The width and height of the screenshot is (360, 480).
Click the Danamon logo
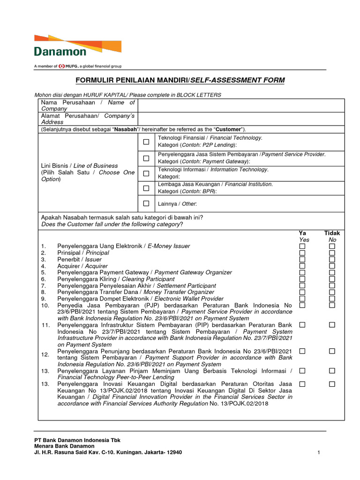click(77, 46)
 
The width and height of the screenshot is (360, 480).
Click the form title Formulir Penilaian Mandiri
click(180, 81)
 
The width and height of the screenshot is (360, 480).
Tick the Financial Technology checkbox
click(146, 142)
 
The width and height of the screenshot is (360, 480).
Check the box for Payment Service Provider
click(146, 158)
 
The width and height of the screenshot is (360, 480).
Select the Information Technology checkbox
click(146, 173)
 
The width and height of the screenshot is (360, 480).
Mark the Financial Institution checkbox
click(146, 188)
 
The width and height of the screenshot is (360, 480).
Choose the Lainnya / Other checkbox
click(146, 203)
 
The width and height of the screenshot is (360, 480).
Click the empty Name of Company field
click(241, 105)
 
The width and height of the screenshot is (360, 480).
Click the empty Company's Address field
click(241, 119)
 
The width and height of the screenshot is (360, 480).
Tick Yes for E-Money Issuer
click(303, 246)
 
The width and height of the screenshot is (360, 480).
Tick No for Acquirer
click(332, 266)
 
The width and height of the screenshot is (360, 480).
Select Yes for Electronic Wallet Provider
click(303, 299)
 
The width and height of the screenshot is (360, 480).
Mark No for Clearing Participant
click(332, 279)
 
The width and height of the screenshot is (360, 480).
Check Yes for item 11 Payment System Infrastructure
click(303, 325)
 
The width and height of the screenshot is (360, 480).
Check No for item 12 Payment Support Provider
click(332, 351)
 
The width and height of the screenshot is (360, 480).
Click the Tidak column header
click(332, 233)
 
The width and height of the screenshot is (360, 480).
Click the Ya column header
click(303, 233)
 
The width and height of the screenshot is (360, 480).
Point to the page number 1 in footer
click(318, 452)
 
